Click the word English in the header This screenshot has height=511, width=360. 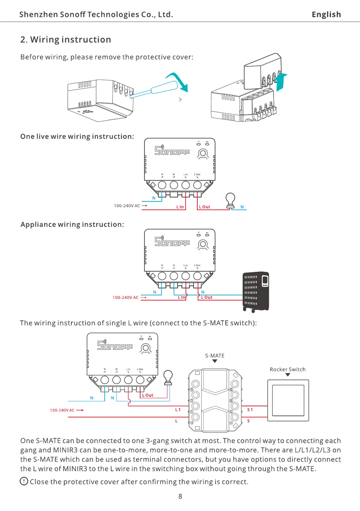[326, 15]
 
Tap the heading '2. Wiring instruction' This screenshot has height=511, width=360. [66, 39]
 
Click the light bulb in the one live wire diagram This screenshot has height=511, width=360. [230, 200]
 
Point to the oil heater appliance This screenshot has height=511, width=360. [256, 292]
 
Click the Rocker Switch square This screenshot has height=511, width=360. [288, 400]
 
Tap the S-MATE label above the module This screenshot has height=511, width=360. [214, 356]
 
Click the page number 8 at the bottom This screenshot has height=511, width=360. [180, 496]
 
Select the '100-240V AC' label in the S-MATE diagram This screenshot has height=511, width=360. [62, 410]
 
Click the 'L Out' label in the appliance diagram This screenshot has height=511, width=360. [206, 297]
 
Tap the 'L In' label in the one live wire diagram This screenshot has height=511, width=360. [180, 207]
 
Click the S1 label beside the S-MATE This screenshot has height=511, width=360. [250, 410]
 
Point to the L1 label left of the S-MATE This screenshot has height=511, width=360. [178, 410]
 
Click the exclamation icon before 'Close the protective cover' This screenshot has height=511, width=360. [24, 481]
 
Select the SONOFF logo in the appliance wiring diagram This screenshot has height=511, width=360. [172, 242]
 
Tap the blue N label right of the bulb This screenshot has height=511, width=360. [242, 207]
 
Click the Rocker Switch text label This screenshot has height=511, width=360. [287, 369]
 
